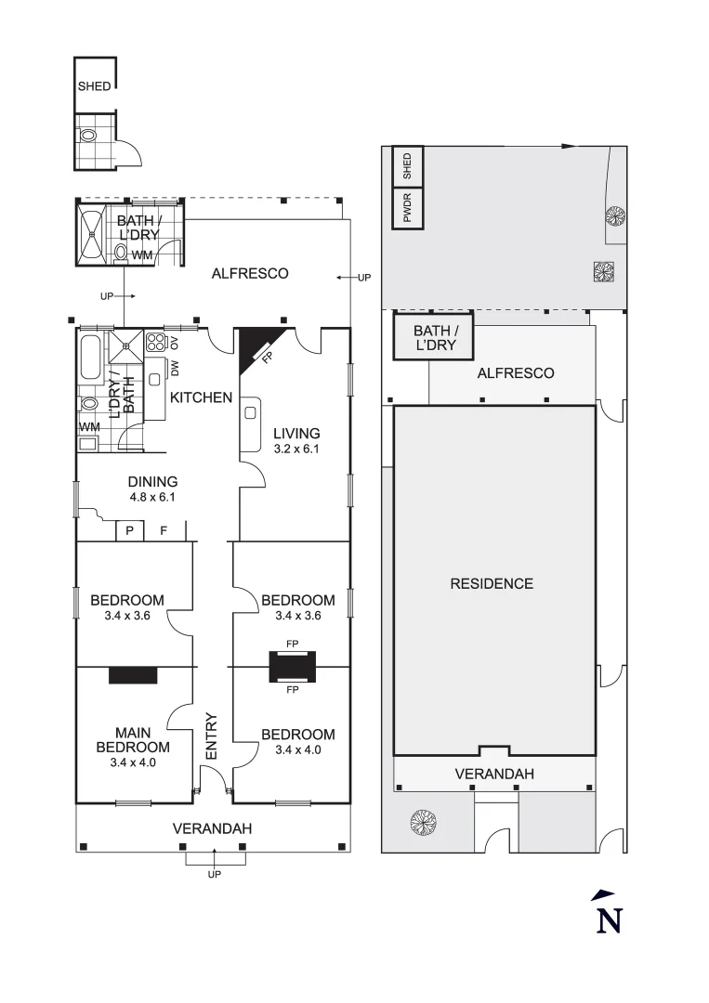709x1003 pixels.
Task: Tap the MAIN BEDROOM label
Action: pos(133,740)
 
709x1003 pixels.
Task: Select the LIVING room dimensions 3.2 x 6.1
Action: pos(296,449)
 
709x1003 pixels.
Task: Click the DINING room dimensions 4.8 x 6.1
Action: pos(153,497)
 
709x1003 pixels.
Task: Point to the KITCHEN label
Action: pos(201,397)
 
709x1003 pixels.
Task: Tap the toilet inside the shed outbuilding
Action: pos(88,135)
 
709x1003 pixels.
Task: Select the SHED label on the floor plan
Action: pos(94,86)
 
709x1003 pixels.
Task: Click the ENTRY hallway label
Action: pos(211,736)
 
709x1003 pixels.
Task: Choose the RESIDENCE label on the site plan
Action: pos(492,583)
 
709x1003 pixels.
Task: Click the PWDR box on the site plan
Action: pos(407,207)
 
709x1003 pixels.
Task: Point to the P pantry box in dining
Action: pos(129,531)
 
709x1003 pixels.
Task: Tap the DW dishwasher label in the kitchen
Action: pos(174,369)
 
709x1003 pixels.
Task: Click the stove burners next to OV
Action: pos(156,341)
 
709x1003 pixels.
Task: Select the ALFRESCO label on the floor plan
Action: pos(250,273)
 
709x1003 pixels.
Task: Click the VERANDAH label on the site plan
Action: pos(493,774)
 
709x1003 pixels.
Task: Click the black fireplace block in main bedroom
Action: pos(133,675)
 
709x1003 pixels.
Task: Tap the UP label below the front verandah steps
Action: pos(215,874)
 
